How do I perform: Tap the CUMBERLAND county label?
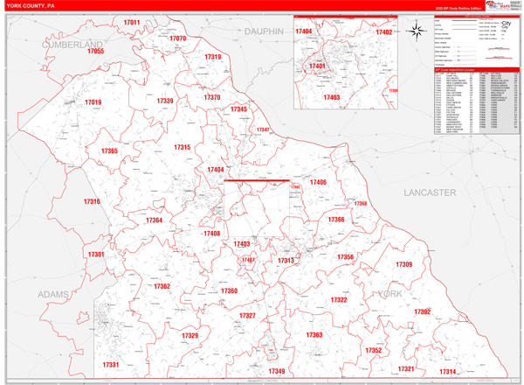point(72,43)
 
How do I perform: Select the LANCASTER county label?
point(431,191)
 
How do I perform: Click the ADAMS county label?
point(53,295)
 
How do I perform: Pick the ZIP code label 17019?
point(93,103)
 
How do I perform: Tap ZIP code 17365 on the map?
point(109,151)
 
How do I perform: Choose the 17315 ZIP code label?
point(182,148)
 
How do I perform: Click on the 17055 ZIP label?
point(95,52)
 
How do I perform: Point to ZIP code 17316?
point(92,202)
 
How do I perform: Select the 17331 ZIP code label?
point(111,364)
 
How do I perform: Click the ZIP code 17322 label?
point(339,300)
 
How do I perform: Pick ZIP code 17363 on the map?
point(314,335)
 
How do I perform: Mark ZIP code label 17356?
point(346,256)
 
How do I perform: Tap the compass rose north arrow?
point(418,32)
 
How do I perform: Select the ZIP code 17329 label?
point(190,336)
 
